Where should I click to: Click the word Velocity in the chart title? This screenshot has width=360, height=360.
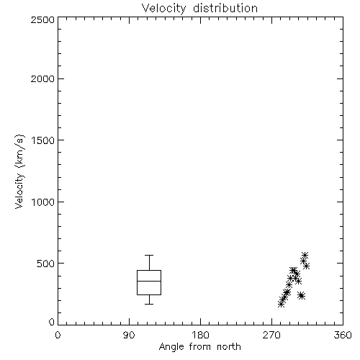(x=163, y=9)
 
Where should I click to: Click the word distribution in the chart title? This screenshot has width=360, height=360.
(x=225, y=8)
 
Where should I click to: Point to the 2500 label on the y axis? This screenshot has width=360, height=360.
(x=42, y=19)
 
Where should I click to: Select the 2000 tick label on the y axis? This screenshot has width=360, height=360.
(x=42, y=78)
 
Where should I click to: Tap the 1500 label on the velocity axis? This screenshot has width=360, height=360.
(x=43, y=140)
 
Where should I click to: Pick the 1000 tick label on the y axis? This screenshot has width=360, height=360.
(x=43, y=202)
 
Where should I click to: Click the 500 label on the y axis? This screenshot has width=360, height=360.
(x=46, y=264)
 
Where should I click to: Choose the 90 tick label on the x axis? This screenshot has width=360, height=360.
(x=129, y=335)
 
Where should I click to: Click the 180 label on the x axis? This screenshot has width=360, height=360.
(x=200, y=335)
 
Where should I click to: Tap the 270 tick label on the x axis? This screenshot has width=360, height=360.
(x=271, y=335)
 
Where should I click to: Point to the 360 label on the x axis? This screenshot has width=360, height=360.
(x=343, y=335)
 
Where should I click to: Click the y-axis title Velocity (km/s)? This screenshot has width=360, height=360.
(x=19, y=171)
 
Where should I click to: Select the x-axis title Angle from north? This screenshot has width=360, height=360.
(x=200, y=347)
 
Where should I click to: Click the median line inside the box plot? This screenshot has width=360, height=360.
(x=149, y=281)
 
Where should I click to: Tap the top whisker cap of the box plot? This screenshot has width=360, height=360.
(x=149, y=256)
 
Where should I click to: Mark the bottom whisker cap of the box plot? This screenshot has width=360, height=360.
(x=149, y=304)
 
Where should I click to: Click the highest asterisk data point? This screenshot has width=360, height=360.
(x=305, y=255)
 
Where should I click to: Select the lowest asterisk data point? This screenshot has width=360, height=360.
(x=282, y=304)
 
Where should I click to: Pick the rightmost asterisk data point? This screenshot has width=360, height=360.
(x=306, y=266)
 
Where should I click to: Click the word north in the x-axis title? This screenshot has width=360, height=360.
(x=229, y=346)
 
